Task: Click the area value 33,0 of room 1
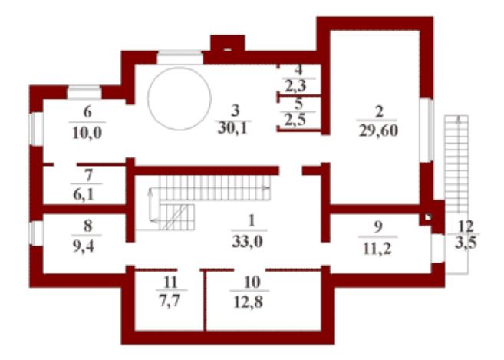247,241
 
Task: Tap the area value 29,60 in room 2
379,130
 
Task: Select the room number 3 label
236,111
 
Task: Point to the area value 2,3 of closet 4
295,86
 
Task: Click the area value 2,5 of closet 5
295,120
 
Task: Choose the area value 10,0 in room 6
87,133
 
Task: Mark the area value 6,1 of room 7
84,195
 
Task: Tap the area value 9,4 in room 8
84,246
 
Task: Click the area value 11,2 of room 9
377,249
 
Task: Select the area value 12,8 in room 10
249,302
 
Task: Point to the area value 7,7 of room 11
170,301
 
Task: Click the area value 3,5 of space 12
466,243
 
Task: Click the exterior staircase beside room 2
456,164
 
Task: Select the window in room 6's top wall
84,92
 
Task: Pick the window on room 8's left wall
36,233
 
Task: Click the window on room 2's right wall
427,130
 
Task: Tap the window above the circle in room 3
180,58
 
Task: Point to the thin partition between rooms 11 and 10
204,300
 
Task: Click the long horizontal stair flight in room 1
215,188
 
